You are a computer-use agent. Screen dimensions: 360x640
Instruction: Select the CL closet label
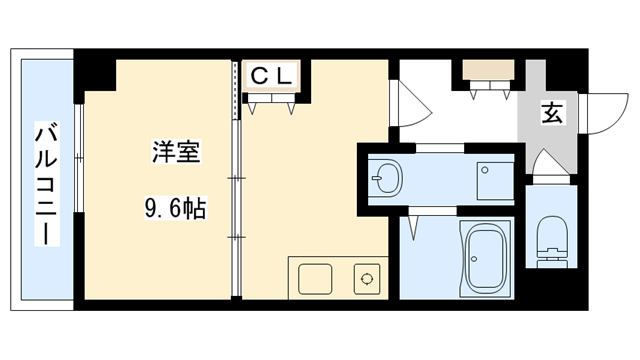click(x=271, y=74)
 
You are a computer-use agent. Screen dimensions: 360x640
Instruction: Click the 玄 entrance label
click(x=552, y=112)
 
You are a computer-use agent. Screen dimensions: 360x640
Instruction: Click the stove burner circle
click(x=366, y=279)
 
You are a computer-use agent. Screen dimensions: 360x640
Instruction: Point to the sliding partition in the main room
click(x=236, y=180)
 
